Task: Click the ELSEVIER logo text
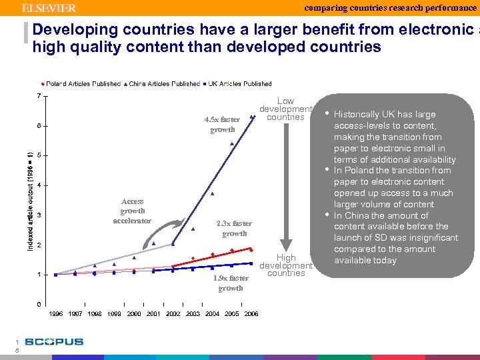pos(49,8)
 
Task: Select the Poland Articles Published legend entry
pos(83,84)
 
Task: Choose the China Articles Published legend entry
pos(163,84)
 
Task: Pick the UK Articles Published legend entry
pos(239,84)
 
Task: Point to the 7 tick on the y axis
pos(39,96)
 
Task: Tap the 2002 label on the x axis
pos(173,314)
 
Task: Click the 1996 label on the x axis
pos(55,314)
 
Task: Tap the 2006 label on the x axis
pos(251,314)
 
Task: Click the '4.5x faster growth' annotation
pos(222,125)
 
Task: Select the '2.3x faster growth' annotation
pos(234,229)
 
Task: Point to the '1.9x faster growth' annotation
pos(231,283)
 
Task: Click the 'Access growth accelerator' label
pos(132,211)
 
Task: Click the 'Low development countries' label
pos(285,109)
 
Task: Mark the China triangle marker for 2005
pos(232,143)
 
